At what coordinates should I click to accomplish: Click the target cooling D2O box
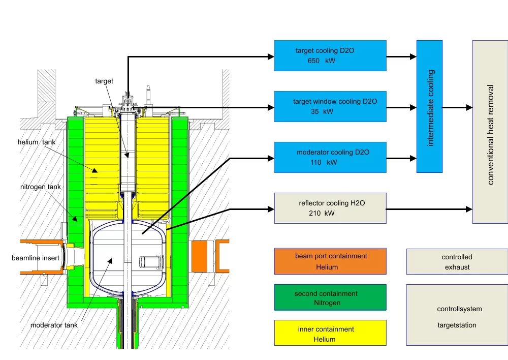(x=330, y=55)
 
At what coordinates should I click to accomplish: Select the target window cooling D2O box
(x=330, y=106)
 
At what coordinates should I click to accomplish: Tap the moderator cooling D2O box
(x=330, y=157)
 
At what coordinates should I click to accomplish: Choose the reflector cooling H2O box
(x=330, y=208)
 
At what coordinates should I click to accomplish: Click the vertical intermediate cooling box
(x=429, y=106)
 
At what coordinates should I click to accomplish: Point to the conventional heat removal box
(x=490, y=132)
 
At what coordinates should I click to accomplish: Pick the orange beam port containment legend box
(x=330, y=261)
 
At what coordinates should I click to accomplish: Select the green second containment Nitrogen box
(x=330, y=297)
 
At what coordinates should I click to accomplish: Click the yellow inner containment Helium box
(x=330, y=333)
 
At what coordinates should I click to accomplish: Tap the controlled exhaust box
(x=457, y=261)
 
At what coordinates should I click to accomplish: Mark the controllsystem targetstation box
(x=457, y=315)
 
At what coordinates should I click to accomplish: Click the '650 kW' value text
(x=322, y=61)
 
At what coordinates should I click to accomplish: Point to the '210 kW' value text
(x=322, y=214)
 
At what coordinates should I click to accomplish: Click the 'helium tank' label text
(x=35, y=142)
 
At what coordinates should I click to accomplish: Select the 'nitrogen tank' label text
(x=41, y=187)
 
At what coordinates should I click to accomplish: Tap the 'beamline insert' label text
(x=36, y=258)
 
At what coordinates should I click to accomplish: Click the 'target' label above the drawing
(x=104, y=81)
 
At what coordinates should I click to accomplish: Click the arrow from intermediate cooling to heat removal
(x=457, y=108)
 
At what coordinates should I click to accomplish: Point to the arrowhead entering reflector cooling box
(x=271, y=208)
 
